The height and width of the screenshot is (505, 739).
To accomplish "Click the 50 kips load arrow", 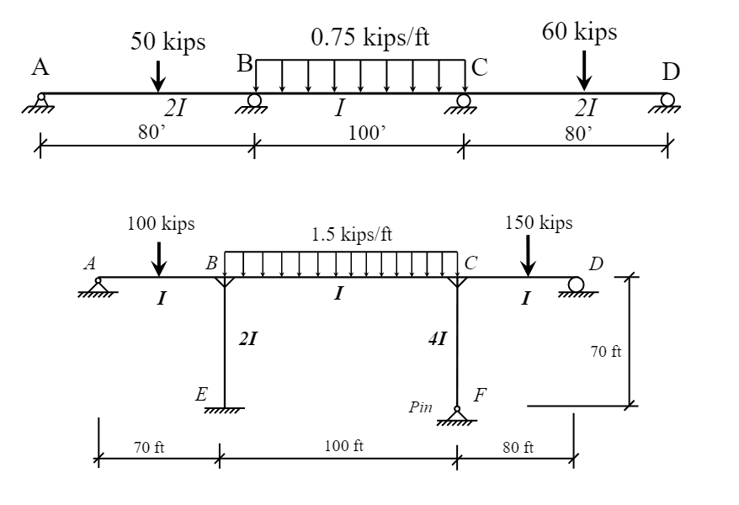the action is [158, 77].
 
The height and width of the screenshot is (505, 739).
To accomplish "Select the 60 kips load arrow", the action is [584, 71].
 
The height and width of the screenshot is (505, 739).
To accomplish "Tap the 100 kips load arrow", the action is [159, 259].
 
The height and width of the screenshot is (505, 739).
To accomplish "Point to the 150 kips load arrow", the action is [528, 256].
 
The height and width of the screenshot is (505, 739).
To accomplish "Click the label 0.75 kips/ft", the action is [370, 37].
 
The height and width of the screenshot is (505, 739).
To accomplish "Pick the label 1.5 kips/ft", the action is [352, 234].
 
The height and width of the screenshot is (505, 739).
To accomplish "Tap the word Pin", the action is [420, 407].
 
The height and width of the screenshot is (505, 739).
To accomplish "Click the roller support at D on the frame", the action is [577, 287].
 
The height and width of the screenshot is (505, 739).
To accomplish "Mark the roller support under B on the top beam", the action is [253, 104].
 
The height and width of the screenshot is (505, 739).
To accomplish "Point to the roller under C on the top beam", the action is [462, 104].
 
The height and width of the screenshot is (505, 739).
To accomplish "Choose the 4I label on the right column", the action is [438, 338].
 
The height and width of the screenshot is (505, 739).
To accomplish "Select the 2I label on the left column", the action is [248, 338].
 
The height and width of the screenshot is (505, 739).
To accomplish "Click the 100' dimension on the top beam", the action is [367, 133].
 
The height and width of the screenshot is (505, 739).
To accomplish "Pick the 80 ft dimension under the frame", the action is [518, 447].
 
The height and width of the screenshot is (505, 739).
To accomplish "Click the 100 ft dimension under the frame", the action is [343, 445].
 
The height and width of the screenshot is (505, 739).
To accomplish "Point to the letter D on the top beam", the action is [671, 72].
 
